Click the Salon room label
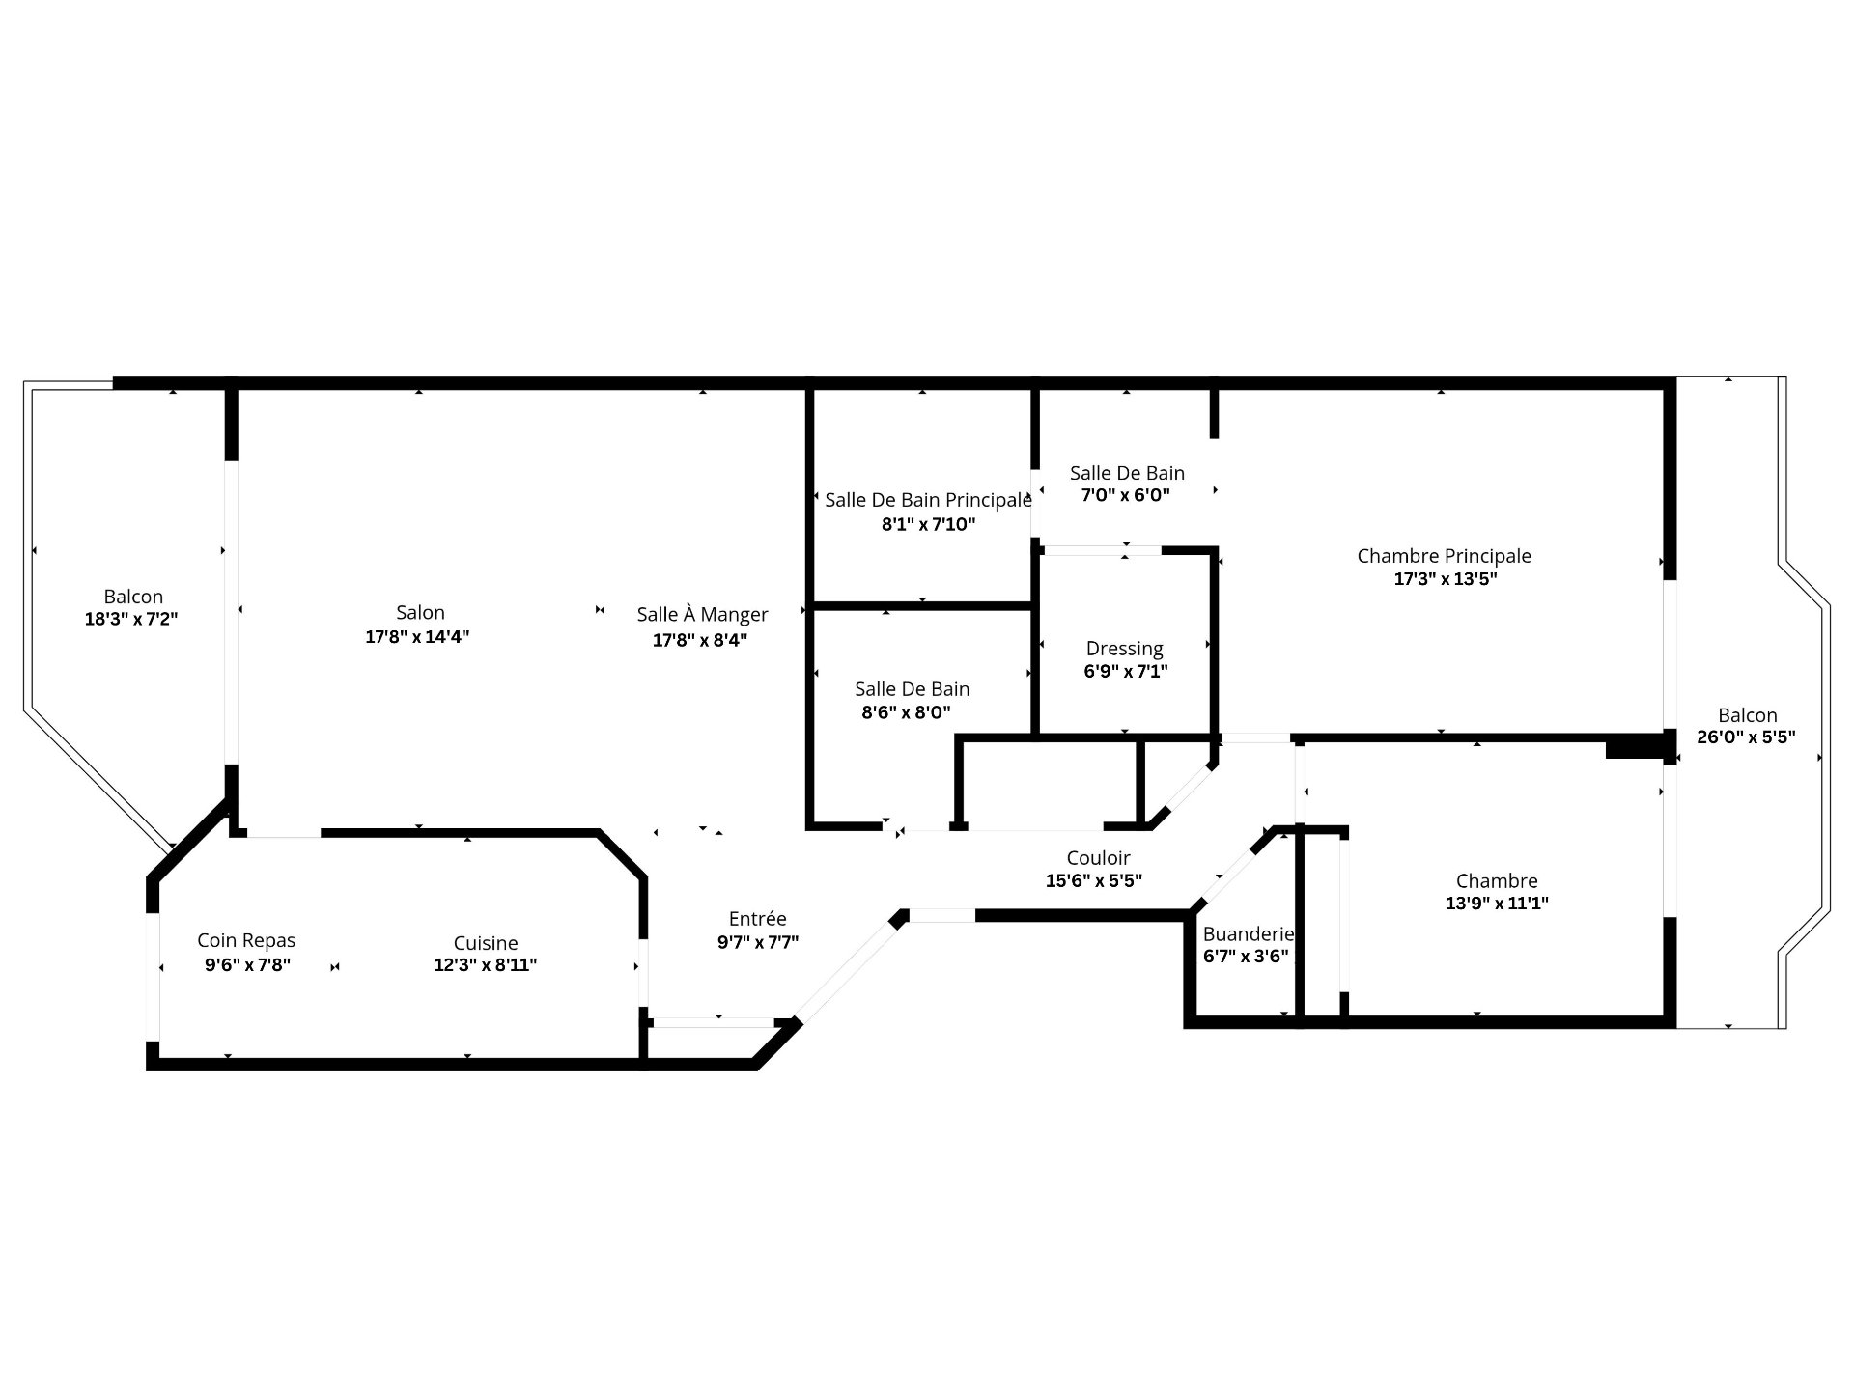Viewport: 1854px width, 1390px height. click(420, 612)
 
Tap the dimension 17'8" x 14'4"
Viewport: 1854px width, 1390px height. click(417, 637)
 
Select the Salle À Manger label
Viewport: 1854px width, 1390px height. click(702, 614)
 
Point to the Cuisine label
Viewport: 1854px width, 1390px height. click(486, 943)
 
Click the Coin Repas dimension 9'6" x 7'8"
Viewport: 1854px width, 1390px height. click(247, 964)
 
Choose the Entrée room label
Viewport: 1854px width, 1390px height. click(757, 918)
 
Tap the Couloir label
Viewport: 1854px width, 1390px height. click(1098, 857)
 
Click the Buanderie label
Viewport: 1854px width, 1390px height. click(1248, 933)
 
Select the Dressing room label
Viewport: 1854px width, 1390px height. click(1124, 649)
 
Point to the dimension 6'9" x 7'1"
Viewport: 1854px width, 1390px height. click(1126, 671)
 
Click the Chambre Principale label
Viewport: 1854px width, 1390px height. click(1444, 556)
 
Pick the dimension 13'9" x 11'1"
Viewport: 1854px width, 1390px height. click(1497, 903)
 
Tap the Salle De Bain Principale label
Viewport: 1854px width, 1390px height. click(928, 500)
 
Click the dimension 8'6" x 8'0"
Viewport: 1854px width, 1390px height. click(906, 712)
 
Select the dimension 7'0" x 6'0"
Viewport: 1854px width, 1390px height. click(1125, 495)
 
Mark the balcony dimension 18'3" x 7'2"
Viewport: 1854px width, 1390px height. click(131, 619)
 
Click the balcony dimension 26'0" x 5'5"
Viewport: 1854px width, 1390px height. click(1746, 737)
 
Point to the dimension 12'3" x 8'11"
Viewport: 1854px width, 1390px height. click(486, 964)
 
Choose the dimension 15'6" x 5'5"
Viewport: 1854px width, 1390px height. click(1094, 880)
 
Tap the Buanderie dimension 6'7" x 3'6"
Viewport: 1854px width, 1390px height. click(1246, 957)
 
